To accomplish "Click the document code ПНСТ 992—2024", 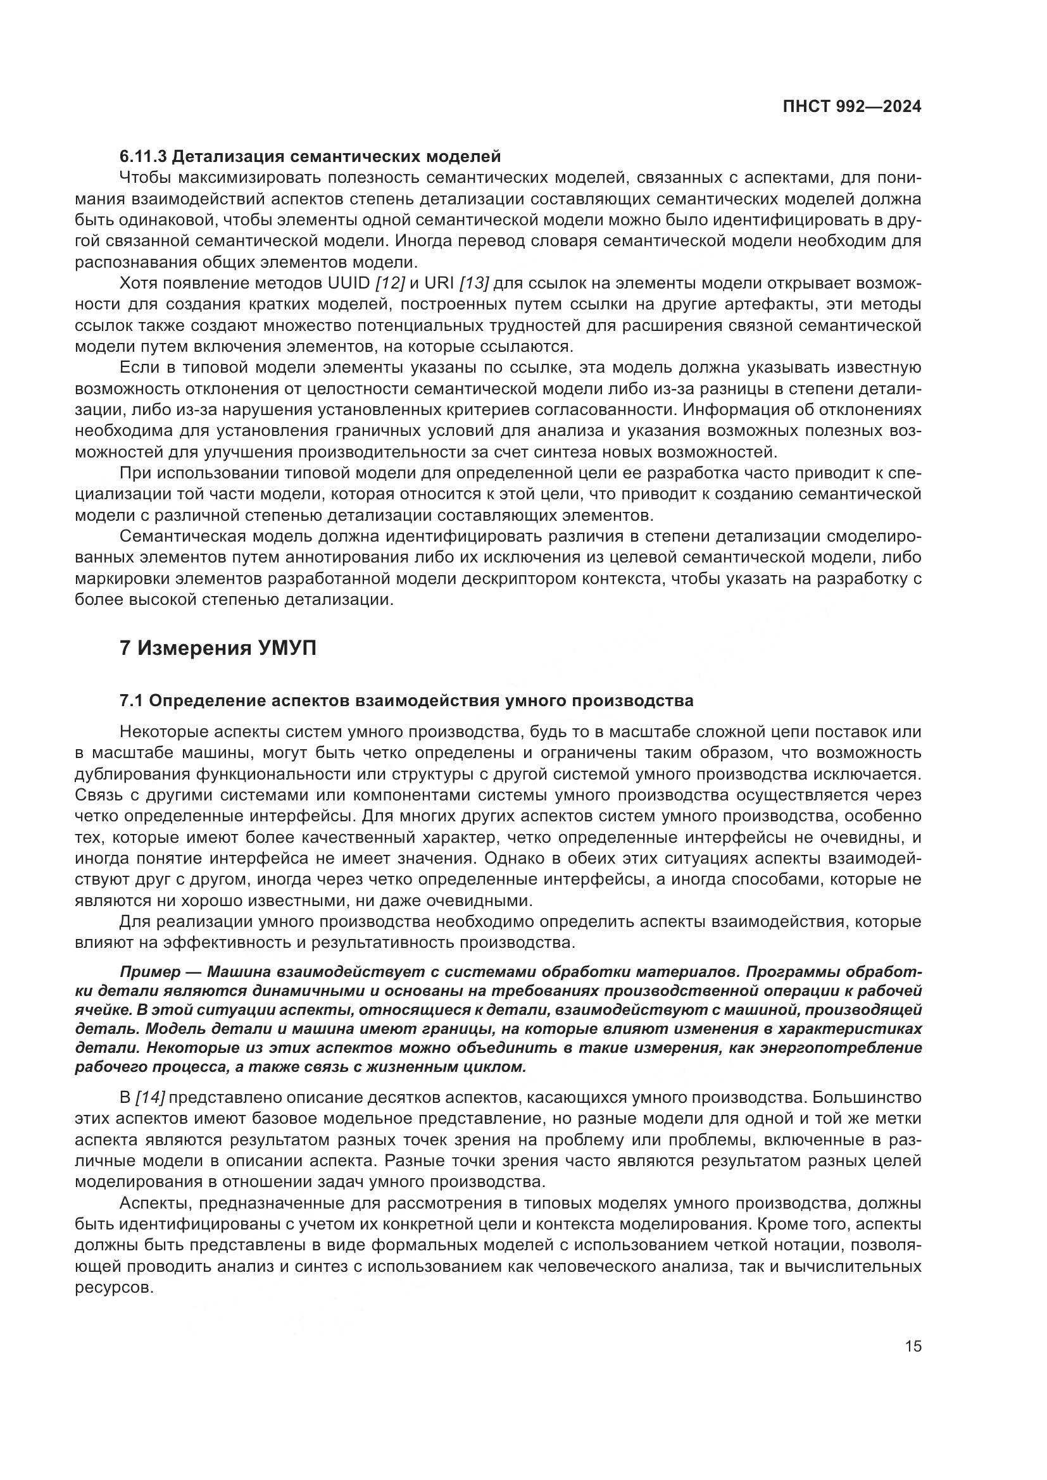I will coord(851,107).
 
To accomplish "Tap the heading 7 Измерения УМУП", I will coord(218,648).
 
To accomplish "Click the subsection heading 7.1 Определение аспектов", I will coord(406,700).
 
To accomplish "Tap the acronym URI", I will coord(440,283).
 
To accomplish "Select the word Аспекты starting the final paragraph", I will coord(156,1203).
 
